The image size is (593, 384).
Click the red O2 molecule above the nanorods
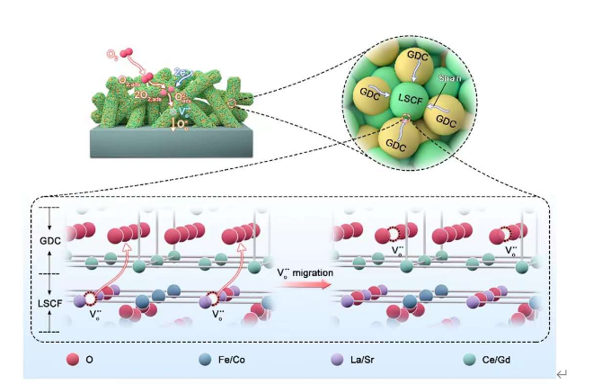pos(128,53)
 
